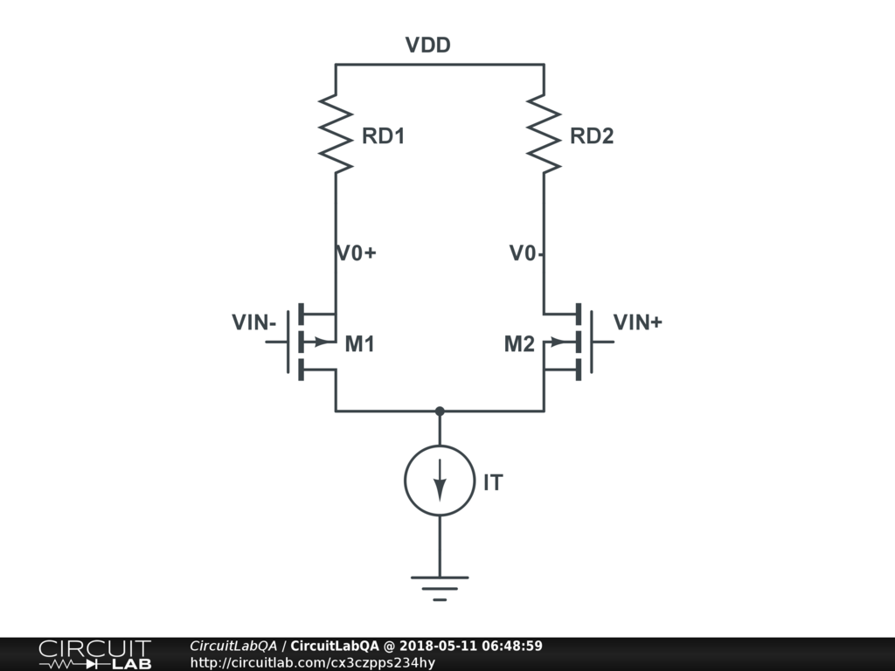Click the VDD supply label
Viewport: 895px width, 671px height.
click(x=427, y=45)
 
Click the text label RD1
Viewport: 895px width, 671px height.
click(x=384, y=136)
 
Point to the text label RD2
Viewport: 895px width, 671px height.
click(x=592, y=136)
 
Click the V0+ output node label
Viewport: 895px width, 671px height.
click(x=357, y=253)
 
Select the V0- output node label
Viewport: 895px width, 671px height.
click(x=528, y=253)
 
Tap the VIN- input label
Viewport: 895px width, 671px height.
click(x=254, y=322)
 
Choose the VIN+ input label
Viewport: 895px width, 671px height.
click(x=637, y=322)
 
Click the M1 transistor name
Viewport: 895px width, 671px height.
click(x=359, y=344)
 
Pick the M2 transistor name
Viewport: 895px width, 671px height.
click(x=519, y=344)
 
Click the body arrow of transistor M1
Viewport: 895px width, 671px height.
click(x=323, y=342)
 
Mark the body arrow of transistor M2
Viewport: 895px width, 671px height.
click(x=558, y=342)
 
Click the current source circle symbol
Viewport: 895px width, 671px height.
click(x=440, y=481)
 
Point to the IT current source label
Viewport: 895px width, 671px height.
click(x=493, y=482)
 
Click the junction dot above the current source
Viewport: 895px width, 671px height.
click(x=440, y=411)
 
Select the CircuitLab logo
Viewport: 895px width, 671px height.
click(x=94, y=654)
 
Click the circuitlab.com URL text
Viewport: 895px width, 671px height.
click(x=312, y=662)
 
